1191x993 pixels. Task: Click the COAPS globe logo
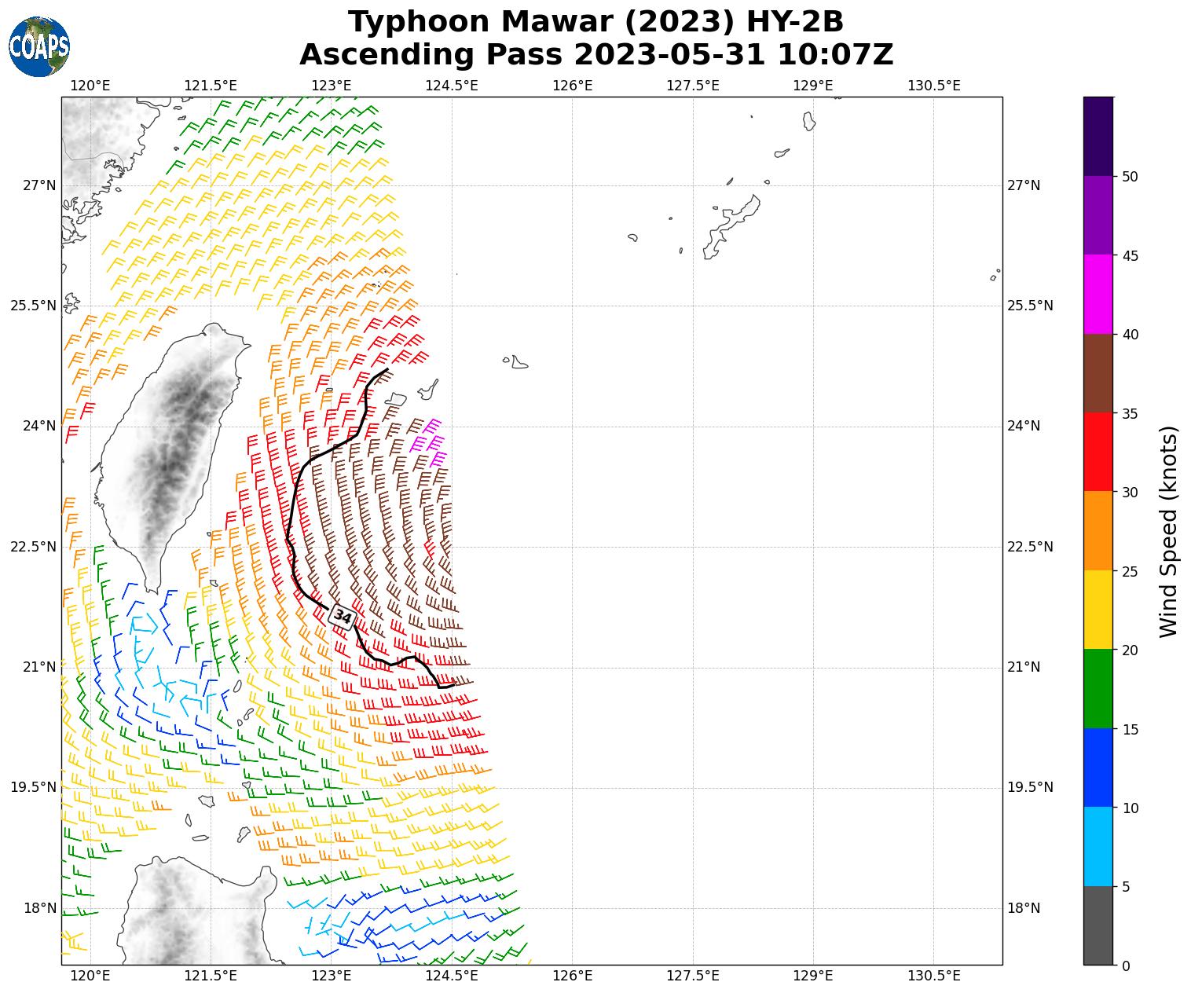click(x=39, y=47)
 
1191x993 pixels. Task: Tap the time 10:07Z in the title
click(x=835, y=55)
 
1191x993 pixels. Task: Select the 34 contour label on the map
click(x=343, y=617)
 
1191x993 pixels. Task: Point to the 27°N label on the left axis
click(x=39, y=185)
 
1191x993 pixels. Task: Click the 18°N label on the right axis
click(x=1023, y=908)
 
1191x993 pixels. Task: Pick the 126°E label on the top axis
click(x=572, y=85)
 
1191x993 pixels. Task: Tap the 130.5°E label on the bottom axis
click(x=933, y=976)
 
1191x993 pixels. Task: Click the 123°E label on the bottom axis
click(x=331, y=976)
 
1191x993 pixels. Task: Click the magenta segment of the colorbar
click(x=1098, y=294)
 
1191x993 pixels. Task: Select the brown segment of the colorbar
click(x=1098, y=373)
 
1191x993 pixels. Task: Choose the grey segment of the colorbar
click(x=1098, y=925)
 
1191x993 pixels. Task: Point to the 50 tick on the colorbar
click(x=1131, y=177)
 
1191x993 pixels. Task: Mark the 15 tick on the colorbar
click(x=1131, y=729)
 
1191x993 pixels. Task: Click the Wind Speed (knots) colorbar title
click(x=1169, y=531)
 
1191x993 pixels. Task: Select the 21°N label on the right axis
click(x=1023, y=667)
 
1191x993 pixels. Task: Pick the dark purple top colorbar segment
click(x=1098, y=136)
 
